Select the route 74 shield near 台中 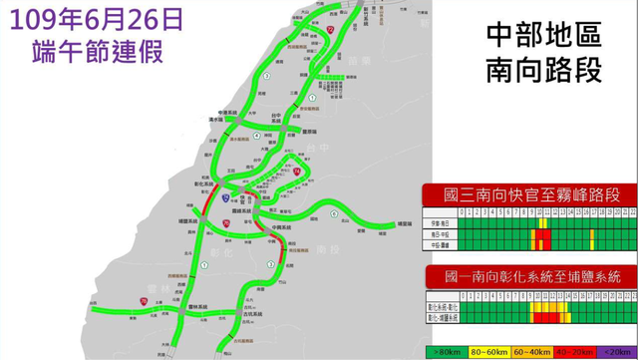(x=296, y=173)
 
